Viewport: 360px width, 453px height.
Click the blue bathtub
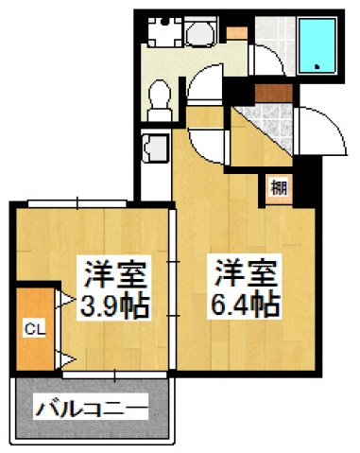click(317, 45)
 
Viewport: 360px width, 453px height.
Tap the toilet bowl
click(160, 99)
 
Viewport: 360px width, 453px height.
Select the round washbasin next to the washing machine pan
click(201, 32)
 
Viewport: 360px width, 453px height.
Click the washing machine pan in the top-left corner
click(164, 32)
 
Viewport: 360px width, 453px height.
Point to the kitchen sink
click(156, 148)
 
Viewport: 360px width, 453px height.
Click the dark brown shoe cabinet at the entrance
click(274, 94)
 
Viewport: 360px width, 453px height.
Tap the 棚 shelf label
click(279, 188)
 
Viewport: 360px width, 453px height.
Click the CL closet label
click(35, 330)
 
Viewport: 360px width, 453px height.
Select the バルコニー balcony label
click(92, 409)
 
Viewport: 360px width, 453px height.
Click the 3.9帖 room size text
click(114, 305)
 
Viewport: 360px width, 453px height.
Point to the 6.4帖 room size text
click(245, 305)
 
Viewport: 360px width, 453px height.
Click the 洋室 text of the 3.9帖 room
click(115, 273)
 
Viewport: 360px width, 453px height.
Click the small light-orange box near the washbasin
click(237, 33)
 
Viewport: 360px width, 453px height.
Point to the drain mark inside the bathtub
click(317, 66)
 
